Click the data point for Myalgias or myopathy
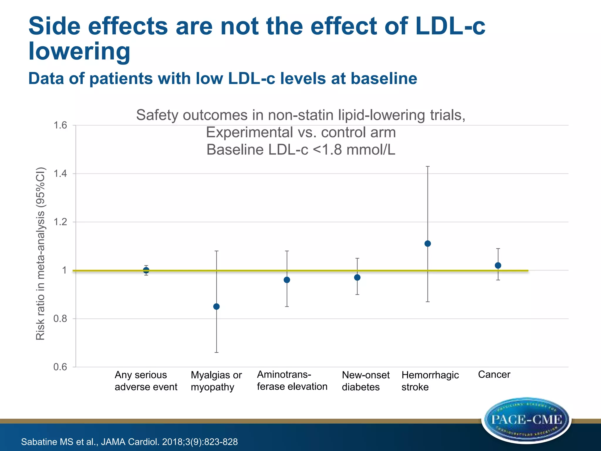216,307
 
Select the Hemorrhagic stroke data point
428,243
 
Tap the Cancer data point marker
498,265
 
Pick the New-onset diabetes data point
357,277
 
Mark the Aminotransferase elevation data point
287,280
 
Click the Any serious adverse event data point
146,270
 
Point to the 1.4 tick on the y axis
60,174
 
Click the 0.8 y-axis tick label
60,319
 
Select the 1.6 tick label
60,125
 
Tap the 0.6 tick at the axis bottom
60,367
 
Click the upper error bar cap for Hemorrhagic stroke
428,166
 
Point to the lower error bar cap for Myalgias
216,352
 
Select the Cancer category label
494,374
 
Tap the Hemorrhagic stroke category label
430,381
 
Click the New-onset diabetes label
365,381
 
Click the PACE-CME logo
526,420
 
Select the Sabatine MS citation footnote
129,442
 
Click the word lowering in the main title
79,51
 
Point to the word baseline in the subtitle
384,78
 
